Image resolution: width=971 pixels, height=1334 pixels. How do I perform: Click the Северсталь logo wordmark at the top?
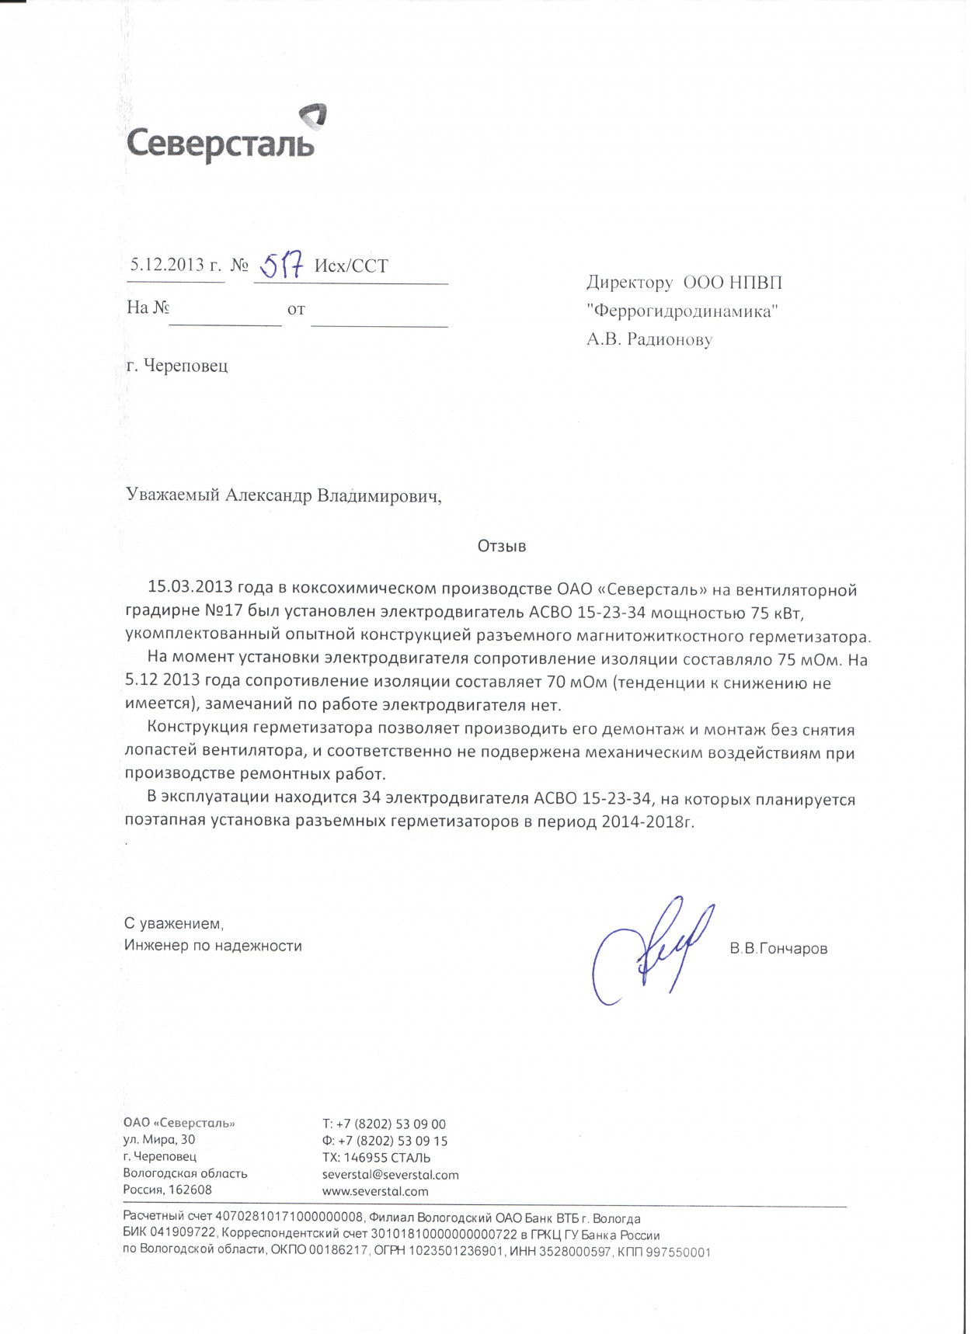pos(220,144)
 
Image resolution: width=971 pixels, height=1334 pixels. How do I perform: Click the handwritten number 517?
pos(280,266)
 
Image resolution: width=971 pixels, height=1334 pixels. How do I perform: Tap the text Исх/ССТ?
pos(351,266)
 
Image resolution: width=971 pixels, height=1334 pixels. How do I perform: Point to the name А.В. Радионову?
pos(649,339)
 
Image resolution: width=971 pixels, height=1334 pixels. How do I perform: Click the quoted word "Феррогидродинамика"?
pos(683,311)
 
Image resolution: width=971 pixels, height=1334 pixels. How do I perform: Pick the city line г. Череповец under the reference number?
pos(177,365)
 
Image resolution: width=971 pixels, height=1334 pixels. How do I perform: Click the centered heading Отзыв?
pos(502,547)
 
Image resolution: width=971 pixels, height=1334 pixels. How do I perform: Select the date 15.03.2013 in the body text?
pos(190,589)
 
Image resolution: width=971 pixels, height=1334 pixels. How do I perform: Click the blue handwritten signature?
pos(651,950)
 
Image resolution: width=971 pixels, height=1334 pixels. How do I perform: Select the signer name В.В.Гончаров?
pos(778,949)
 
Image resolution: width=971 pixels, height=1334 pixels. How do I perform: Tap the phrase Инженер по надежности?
pos(213,946)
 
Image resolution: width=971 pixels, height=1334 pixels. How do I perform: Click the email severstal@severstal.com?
pos(390,1175)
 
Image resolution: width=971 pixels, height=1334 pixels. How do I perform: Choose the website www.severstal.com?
pos(375,1191)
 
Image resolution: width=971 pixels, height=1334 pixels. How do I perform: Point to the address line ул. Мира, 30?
pos(159,1140)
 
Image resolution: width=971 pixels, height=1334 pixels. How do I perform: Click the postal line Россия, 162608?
pos(167,1190)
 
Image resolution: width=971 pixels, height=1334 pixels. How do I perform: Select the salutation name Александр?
pos(268,495)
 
